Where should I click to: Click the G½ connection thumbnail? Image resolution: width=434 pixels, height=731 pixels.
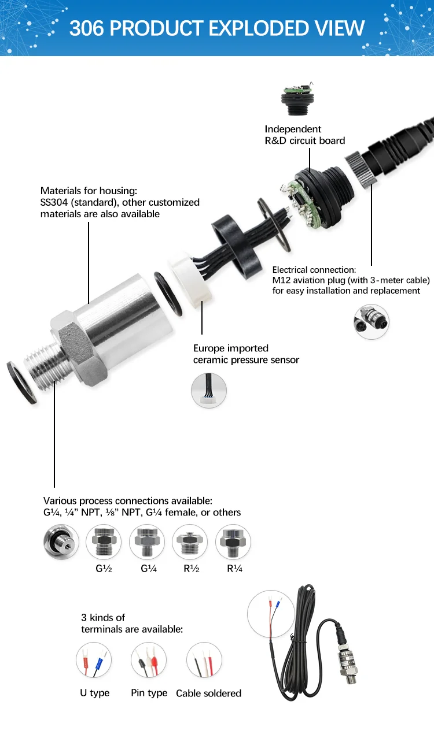coord(104,542)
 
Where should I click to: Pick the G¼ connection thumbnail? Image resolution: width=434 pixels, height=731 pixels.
coord(147,542)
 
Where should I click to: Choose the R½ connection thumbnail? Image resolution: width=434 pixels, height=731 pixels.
coord(190,542)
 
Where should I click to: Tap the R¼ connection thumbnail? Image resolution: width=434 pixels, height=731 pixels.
coord(233,542)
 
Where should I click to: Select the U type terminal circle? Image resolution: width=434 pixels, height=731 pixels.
coord(94,661)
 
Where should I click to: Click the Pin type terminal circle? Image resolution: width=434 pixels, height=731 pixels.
coord(149,661)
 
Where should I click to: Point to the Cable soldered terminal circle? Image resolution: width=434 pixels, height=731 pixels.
coord(204,661)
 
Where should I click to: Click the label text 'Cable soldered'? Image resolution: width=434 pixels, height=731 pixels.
coord(208,693)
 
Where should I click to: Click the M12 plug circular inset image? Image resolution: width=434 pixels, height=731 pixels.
coord(372,322)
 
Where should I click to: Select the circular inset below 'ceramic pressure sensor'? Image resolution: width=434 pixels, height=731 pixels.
coord(209,391)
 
